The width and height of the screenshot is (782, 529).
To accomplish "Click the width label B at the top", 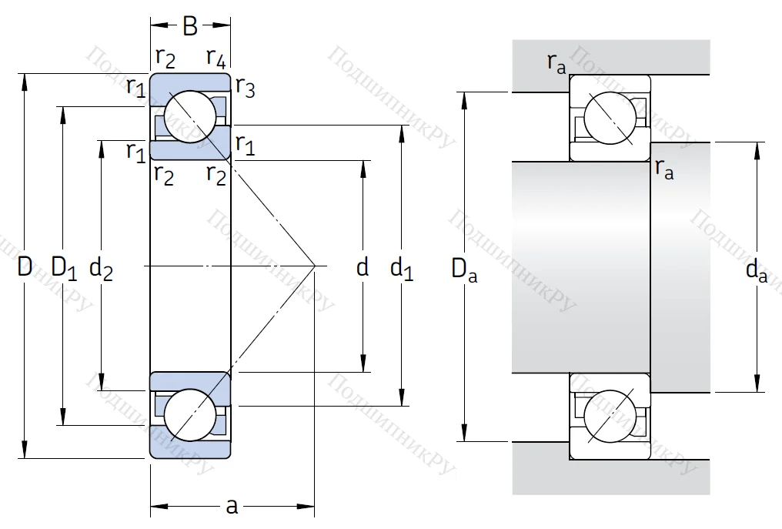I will pos(190,27).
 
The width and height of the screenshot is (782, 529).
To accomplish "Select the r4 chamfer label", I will pos(216,57).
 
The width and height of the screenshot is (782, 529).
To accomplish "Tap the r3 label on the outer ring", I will pos(245,88).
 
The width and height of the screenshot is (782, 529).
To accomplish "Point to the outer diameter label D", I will pos(25,267).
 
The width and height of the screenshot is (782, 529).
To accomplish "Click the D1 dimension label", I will pos(64,267).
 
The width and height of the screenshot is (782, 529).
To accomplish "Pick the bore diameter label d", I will pos(363,267).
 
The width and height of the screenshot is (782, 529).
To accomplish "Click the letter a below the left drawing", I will pos(231,506).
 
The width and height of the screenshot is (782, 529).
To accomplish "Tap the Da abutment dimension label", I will pos(464,270).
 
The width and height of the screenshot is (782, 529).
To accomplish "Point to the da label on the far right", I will pos(757,270).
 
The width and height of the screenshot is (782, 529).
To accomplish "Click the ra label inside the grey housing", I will pos(556,62).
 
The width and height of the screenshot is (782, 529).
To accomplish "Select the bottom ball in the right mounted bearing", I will pos(610,416).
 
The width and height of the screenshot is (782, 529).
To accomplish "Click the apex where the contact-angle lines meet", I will pos(315,266).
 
